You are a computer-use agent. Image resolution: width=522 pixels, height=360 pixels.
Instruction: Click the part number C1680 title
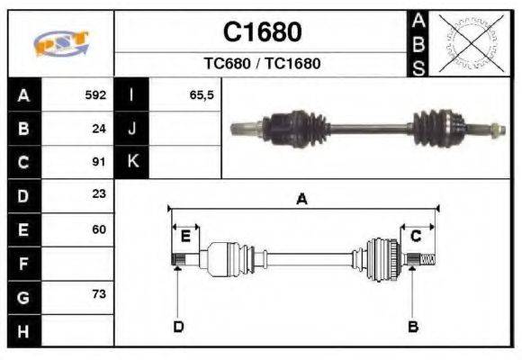click(262, 33)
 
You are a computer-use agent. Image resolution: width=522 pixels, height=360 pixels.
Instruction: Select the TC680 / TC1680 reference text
click(262, 64)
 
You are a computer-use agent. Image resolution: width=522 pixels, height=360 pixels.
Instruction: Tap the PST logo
click(60, 44)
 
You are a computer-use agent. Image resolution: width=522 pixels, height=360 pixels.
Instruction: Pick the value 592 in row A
click(95, 94)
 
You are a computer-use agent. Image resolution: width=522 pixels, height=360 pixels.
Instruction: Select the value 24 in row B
click(99, 128)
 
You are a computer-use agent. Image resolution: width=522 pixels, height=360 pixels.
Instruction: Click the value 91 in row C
click(99, 162)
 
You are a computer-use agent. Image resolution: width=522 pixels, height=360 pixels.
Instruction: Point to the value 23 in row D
click(99, 195)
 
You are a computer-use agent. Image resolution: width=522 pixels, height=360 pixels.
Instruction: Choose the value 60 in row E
click(99, 229)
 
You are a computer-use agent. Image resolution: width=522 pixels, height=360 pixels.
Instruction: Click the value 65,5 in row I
click(202, 94)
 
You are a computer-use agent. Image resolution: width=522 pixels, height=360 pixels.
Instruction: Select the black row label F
click(22, 264)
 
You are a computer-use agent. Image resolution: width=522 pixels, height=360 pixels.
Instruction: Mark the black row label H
click(22, 331)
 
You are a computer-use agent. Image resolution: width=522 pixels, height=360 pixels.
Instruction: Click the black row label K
click(131, 162)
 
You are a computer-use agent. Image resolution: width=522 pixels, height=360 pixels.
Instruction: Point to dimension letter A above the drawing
click(302, 200)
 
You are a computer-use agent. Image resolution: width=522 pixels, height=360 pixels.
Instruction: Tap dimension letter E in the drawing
click(185, 237)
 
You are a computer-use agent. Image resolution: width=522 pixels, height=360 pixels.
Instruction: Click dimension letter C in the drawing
click(416, 237)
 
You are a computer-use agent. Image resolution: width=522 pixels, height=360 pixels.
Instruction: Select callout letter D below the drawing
click(178, 326)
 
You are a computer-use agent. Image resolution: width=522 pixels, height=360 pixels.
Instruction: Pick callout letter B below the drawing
click(413, 326)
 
